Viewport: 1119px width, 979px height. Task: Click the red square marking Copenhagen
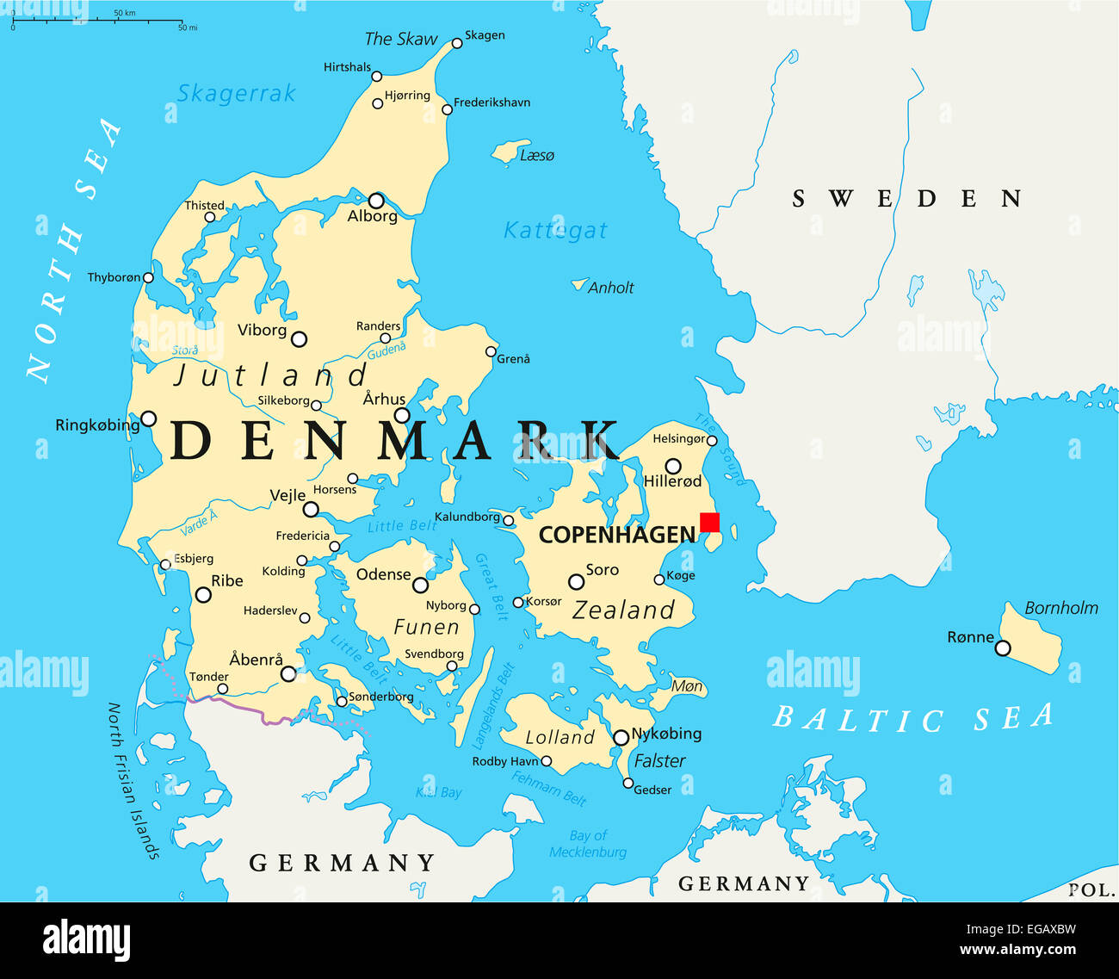pos(709,523)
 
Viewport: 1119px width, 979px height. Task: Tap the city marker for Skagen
pos(457,43)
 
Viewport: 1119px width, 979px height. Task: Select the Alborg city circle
pos(376,201)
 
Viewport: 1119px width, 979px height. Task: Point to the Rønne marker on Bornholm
pos(1003,648)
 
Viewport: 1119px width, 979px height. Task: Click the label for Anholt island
pos(610,288)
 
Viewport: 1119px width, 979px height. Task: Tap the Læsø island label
pos(537,155)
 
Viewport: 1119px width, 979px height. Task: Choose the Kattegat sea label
pos(555,231)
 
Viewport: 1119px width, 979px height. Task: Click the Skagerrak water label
pos(236,93)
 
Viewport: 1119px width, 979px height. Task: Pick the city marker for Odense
pos(420,586)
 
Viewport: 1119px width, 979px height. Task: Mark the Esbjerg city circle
pos(165,565)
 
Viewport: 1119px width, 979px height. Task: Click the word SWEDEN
pos(906,199)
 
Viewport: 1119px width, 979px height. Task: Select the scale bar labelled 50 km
pos(97,21)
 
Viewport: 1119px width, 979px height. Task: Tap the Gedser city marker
pos(628,784)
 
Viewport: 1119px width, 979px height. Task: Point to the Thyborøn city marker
pos(148,277)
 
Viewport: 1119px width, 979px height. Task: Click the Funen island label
pos(426,627)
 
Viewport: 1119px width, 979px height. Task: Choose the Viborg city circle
pos(299,339)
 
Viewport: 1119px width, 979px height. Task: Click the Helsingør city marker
pos(712,441)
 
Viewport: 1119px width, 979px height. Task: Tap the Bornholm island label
pos(1060,608)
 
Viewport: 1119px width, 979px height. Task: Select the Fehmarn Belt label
pos(549,788)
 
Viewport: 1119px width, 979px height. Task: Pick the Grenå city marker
pos(491,351)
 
